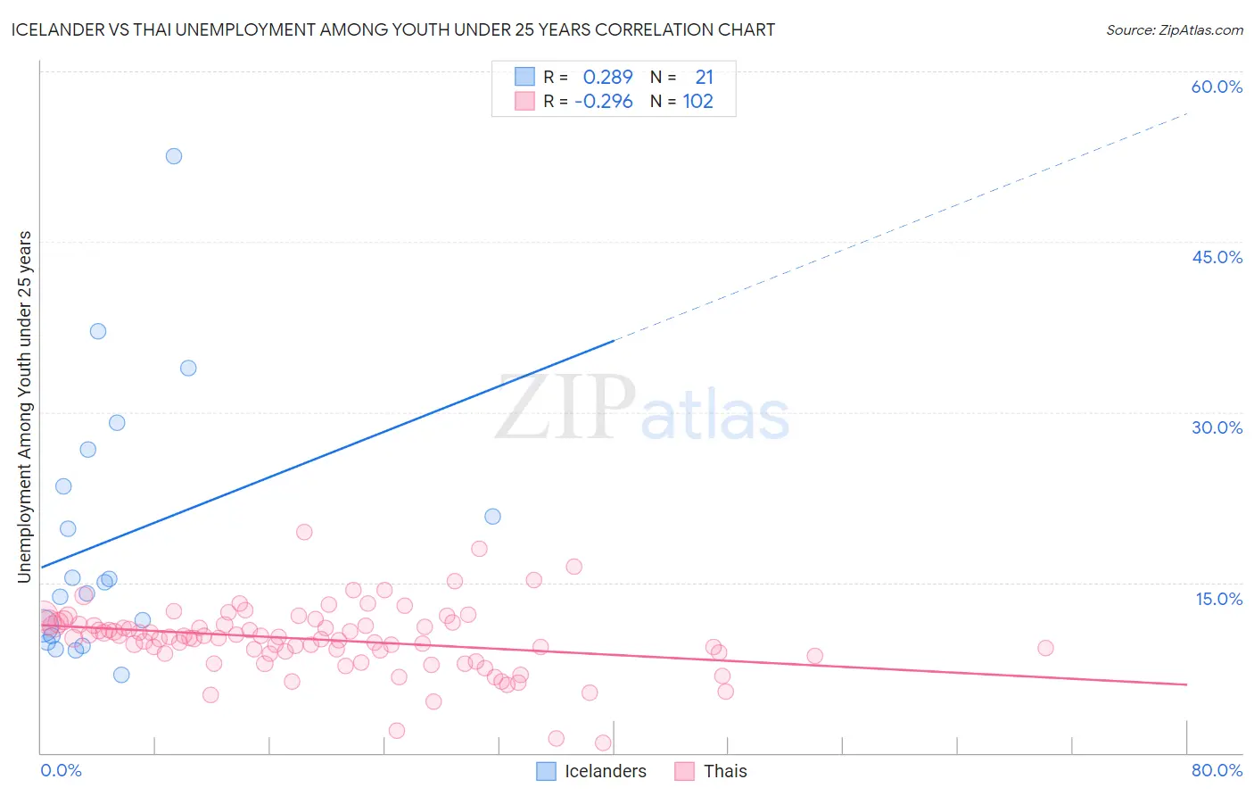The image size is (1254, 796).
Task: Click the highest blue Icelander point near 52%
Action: [174, 156]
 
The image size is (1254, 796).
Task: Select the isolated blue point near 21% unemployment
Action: [492, 517]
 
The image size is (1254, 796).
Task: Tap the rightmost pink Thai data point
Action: [1045, 648]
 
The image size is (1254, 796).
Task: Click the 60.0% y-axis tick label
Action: [1217, 87]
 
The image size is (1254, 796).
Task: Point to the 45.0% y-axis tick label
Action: [1217, 257]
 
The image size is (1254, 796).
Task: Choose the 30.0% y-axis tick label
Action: [1217, 427]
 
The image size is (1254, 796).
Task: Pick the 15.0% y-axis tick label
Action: [1218, 599]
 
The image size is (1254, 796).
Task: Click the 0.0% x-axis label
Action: [61, 770]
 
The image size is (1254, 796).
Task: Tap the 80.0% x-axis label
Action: [1217, 770]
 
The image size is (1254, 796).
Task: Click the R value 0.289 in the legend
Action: [607, 78]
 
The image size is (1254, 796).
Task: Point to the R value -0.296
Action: [604, 102]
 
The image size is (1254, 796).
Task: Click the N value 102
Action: [697, 102]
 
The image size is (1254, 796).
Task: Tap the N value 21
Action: [704, 78]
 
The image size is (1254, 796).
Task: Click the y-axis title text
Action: [25, 407]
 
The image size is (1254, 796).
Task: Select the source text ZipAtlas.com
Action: [1174, 30]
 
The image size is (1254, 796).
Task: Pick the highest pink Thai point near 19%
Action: [304, 532]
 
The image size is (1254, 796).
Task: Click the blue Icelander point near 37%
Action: [98, 331]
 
